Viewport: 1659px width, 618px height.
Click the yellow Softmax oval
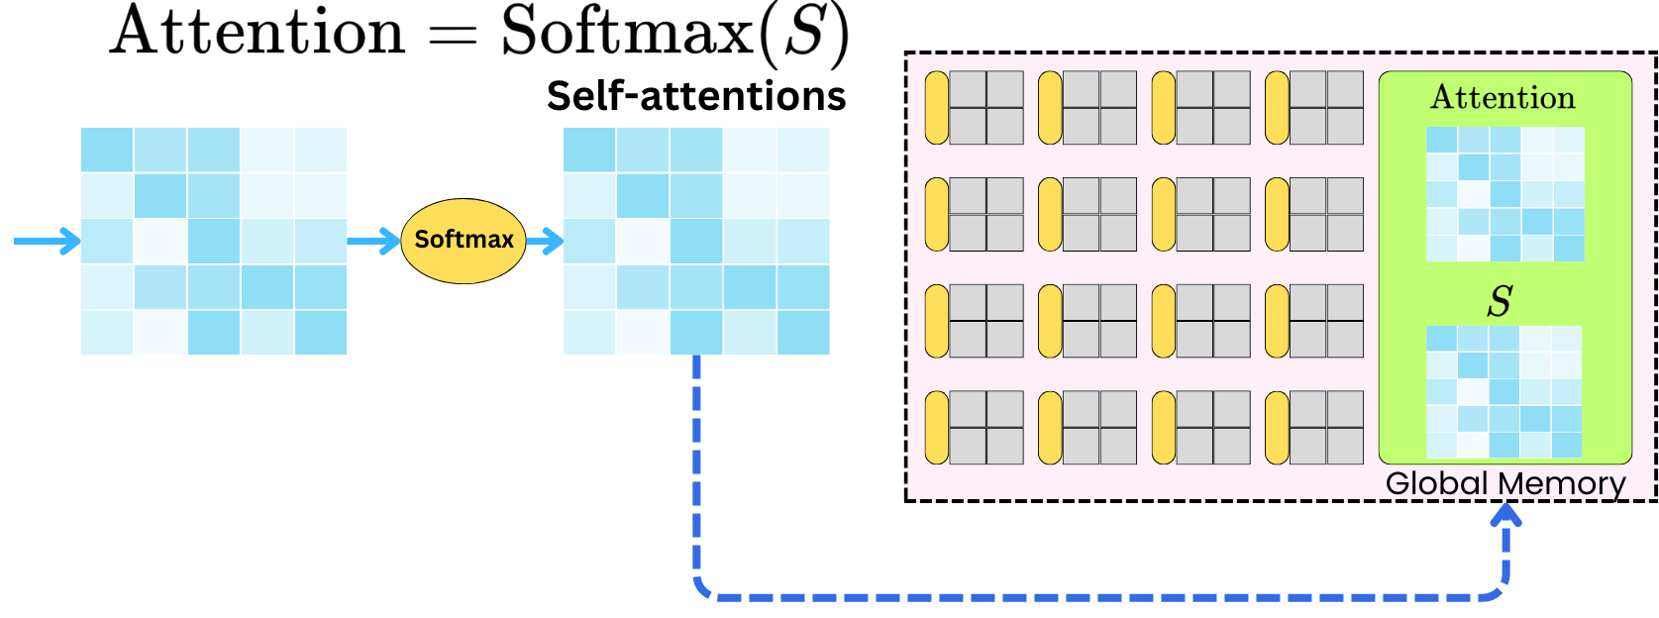point(464,241)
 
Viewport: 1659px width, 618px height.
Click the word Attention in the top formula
point(259,32)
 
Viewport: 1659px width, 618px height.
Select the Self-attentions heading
point(696,96)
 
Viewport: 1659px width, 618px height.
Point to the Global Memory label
point(1504,483)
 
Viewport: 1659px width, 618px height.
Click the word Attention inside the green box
point(1503,98)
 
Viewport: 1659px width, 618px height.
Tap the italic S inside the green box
point(1500,301)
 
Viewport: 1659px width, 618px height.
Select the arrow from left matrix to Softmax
point(373,241)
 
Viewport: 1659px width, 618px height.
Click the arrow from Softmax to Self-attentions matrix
point(545,241)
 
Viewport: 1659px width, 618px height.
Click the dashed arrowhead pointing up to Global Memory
point(1506,514)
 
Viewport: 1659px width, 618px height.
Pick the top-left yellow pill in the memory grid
point(937,108)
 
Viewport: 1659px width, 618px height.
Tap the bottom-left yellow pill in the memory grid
point(937,428)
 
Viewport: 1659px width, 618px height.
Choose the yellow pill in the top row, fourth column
point(1277,108)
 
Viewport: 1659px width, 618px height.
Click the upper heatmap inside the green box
point(1504,194)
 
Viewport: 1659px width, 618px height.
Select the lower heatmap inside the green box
point(1503,392)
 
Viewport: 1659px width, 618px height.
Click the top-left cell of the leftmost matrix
point(107,150)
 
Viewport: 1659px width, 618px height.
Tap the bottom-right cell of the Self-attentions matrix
point(803,332)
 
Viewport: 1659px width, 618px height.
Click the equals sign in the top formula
point(452,37)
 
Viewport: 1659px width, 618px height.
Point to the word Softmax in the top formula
point(626,32)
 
